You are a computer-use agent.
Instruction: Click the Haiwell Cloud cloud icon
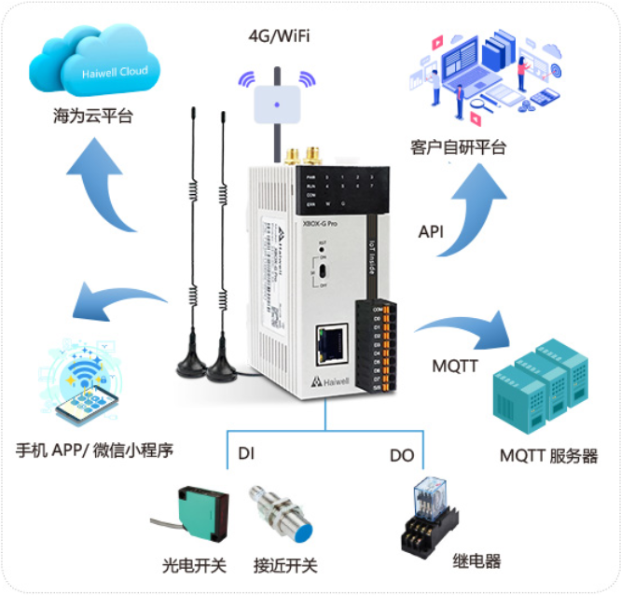point(94,65)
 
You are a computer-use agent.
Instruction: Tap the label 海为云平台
point(92,118)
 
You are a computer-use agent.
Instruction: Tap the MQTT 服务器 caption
point(548,456)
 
